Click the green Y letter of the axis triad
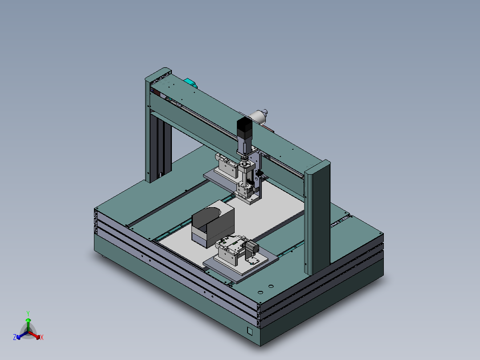click(x=28, y=313)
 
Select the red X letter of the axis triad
click(x=42, y=338)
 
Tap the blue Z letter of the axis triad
click(x=15, y=338)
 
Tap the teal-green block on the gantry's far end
click(x=191, y=83)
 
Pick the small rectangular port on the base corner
click(x=249, y=331)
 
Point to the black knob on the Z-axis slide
click(x=260, y=173)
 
